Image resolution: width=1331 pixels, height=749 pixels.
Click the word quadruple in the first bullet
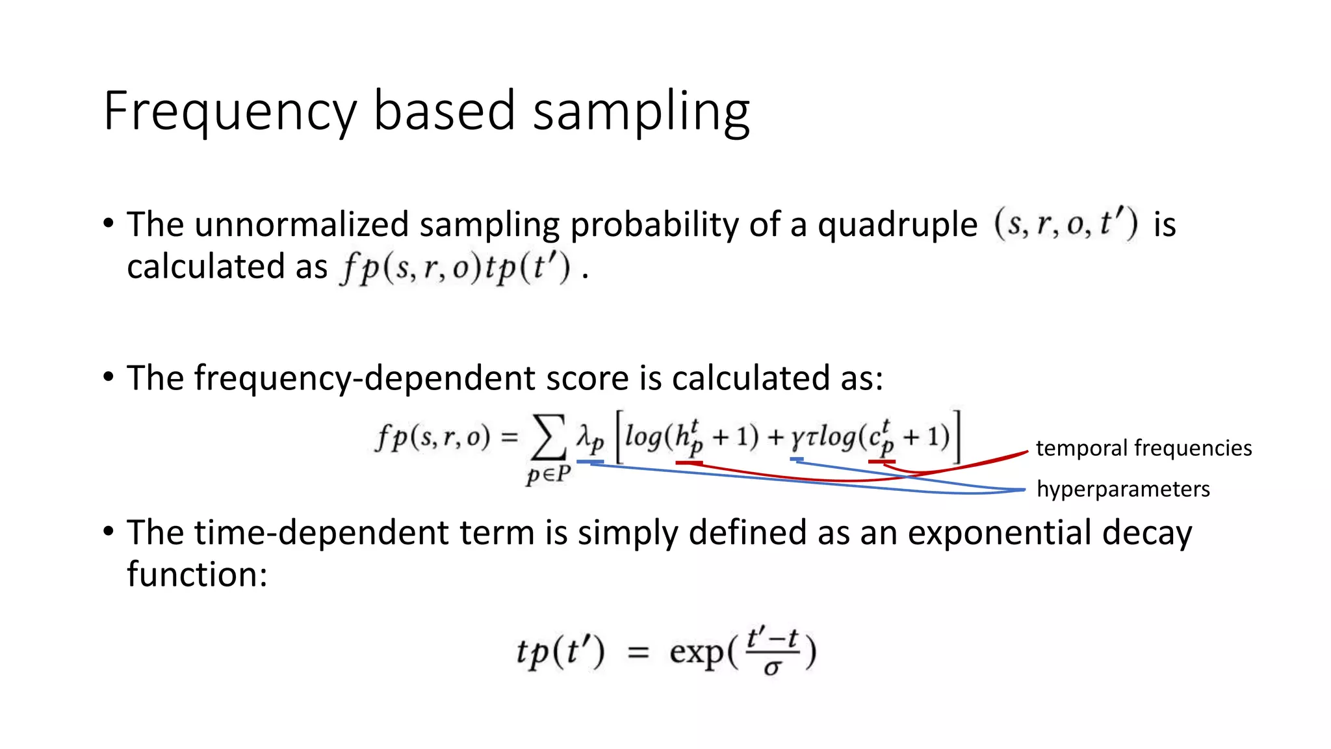coord(897,225)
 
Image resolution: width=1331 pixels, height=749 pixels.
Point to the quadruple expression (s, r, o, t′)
coord(1066,224)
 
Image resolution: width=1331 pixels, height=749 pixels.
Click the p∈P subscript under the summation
coord(548,474)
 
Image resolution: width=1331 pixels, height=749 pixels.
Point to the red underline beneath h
coord(689,462)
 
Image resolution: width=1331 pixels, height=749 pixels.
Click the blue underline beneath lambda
coord(589,462)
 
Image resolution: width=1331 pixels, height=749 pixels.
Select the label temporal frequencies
coord(1143,448)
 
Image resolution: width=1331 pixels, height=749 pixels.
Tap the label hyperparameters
coord(1122,489)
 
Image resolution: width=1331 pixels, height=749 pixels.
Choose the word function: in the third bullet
coord(197,574)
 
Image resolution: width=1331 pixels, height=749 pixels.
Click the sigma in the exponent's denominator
coord(771,667)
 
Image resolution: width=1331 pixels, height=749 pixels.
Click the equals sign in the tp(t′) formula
coord(638,652)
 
